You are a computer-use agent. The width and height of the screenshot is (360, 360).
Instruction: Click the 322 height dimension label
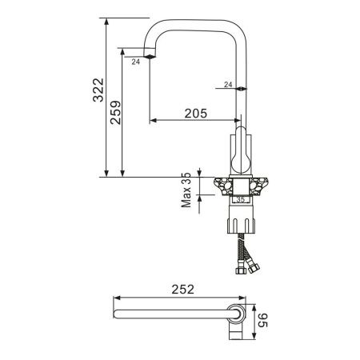pyautogui.click(x=98, y=90)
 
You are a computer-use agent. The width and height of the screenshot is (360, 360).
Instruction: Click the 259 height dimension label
pyautogui.click(x=116, y=113)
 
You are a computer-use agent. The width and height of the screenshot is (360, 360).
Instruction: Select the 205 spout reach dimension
pyautogui.click(x=196, y=114)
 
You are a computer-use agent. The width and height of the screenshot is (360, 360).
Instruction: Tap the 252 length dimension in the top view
pyautogui.click(x=182, y=290)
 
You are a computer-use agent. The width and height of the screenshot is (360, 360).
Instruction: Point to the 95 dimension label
pyautogui.click(x=262, y=320)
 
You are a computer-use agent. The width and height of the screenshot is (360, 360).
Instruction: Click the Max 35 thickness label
pyautogui.click(x=186, y=190)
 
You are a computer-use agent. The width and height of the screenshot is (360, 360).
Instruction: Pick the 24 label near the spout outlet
pyautogui.click(x=136, y=62)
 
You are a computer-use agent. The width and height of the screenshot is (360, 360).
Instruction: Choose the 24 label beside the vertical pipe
pyautogui.click(x=228, y=85)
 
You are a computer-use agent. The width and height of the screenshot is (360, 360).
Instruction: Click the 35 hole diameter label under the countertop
pyautogui.click(x=241, y=199)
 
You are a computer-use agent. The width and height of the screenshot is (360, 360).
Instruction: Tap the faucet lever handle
pyautogui.click(x=241, y=150)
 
